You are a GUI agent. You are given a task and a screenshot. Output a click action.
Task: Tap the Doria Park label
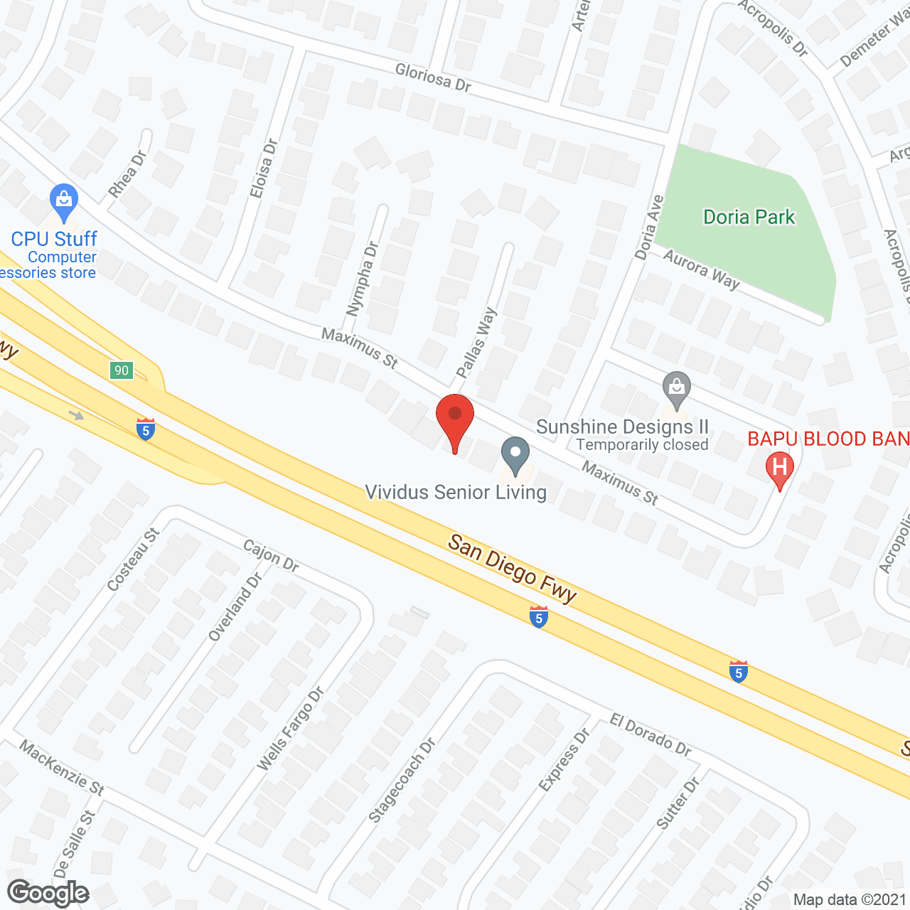coord(749,217)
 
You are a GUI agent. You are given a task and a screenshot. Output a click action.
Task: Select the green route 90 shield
coord(122,370)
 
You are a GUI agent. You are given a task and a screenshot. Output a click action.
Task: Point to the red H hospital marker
coord(779,469)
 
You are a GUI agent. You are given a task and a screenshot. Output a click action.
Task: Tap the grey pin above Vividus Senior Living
coord(515,454)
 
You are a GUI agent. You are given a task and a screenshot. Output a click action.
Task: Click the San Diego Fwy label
coord(513,569)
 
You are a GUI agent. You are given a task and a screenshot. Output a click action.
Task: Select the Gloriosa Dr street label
coord(433,77)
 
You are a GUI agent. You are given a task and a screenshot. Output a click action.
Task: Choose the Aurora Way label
coord(702,269)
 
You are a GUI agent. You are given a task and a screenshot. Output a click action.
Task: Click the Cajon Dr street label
coord(271,555)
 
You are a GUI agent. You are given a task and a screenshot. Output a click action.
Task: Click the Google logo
coord(48,893)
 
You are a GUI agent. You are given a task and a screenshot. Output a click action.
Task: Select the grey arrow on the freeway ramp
coord(77,415)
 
